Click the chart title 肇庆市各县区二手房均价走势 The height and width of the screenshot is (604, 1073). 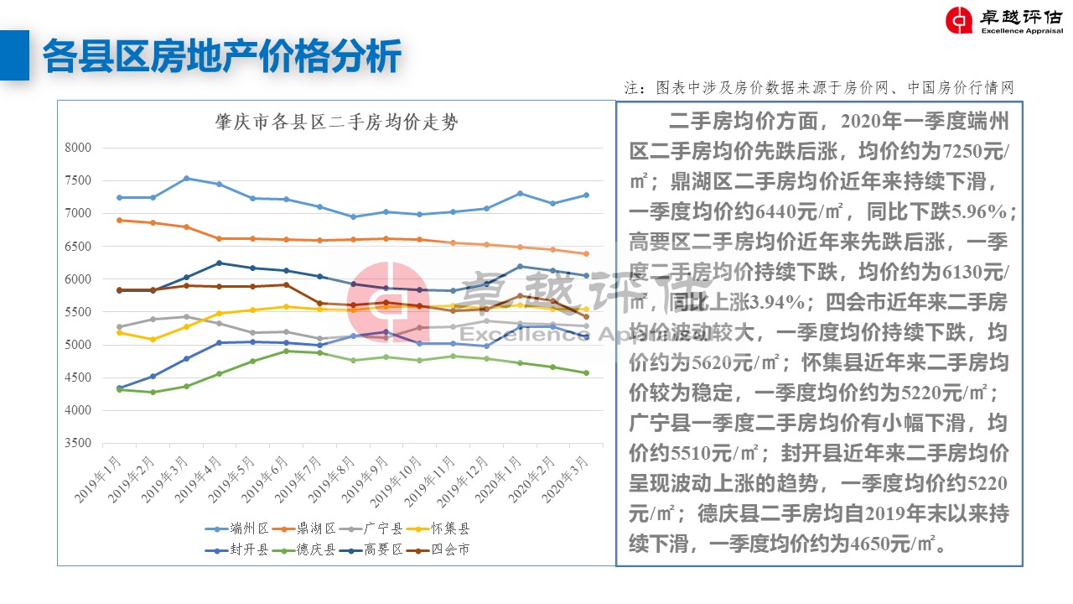(336, 122)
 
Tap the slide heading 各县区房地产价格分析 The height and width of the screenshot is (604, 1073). (222, 55)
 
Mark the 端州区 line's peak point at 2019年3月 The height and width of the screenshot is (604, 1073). (186, 178)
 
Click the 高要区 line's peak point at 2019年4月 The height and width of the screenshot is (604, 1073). (220, 263)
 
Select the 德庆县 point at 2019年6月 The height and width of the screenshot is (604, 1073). (286, 351)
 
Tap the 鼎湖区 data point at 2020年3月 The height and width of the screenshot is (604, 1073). (586, 253)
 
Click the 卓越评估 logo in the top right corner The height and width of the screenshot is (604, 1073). (1003, 21)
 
